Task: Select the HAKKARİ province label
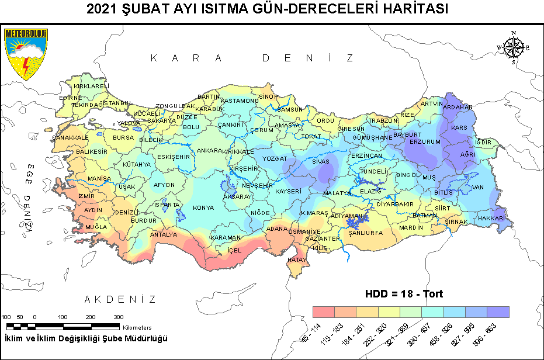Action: click(491, 218)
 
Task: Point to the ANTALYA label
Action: click(164, 235)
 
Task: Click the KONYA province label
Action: click(203, 208)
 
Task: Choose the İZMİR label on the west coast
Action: click(86, 196)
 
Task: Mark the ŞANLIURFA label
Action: click(365, 233)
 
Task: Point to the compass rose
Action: click(513, 47)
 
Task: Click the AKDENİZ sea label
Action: click(120, 300)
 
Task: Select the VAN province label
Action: click(479, 187)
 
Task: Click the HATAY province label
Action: click(297, 259)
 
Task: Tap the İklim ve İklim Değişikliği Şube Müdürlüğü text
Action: click(86, 339)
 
